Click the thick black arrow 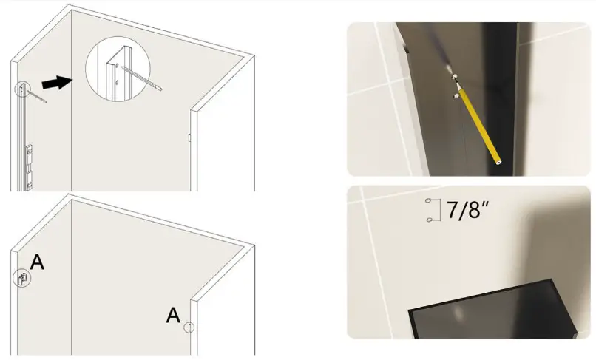point(57,83)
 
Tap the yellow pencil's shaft point(481,126)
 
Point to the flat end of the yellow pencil point(498,162)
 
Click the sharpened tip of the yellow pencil point(454,77)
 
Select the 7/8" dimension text point(467,209)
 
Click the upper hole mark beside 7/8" point(428,200)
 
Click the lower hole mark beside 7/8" point(429,220)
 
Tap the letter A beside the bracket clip point(37,262)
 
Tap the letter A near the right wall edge point(173,315)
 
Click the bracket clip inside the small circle point(23,279)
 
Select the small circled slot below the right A point(189,327)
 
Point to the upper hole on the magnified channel point(117,65)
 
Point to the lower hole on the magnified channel point(117,82)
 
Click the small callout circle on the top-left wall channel point(21,89)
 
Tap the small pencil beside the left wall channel point(37,97)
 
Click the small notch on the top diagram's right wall point(189,137)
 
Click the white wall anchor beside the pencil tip point(456,96)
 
